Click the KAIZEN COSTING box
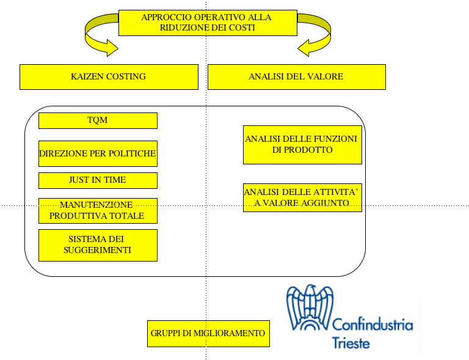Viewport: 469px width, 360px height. (x=109, y=77)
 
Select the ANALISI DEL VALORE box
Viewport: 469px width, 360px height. (x=296, y=77)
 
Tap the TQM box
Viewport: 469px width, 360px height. (x=98, y=120)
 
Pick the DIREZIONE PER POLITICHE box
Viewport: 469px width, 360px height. (x=98, y=153)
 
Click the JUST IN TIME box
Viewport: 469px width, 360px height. (x=98, y=180)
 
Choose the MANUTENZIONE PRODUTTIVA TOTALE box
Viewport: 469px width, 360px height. (x=98, y=210)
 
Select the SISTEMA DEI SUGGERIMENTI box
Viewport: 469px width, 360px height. (x=98, y=244)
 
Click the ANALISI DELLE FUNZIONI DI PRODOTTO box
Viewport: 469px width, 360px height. (x=302, y=145)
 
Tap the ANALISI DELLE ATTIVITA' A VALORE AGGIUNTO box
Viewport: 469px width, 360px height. (x=302, y=197)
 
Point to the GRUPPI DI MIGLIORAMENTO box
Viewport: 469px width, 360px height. (x=208, y=334)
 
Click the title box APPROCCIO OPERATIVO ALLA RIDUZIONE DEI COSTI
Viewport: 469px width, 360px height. (x=206, y=23)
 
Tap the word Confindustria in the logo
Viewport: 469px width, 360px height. (x=373, y=325)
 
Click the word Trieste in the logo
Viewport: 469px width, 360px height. (x=351, y=343)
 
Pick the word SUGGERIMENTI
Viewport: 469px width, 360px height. (x=98, y=251)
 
